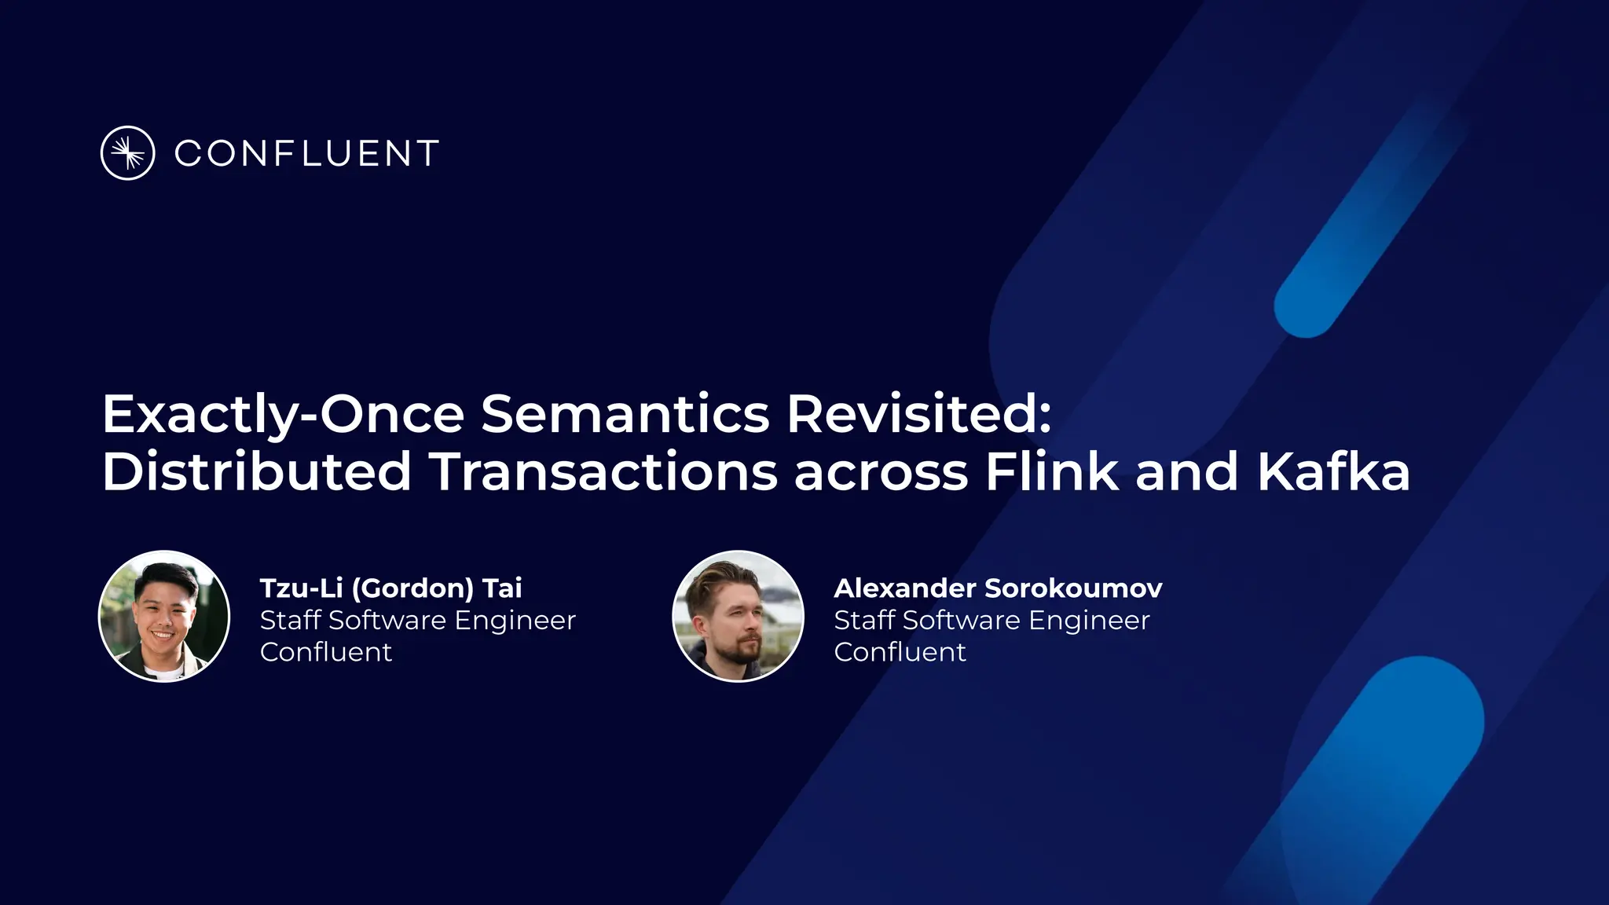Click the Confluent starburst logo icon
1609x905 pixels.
pos(127,153)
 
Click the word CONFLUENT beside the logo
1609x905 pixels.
pos(306,154)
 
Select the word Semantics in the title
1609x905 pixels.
pos(625,414)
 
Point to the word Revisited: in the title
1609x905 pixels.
pos(918,414)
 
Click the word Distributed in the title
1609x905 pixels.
pos(257,471)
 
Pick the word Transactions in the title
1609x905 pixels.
pos(603,471)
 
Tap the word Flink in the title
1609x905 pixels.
pos(1051,471)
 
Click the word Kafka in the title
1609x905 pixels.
pos(1333,471)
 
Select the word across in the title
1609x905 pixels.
pos(881,473)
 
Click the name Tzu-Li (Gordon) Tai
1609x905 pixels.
pos(390,588)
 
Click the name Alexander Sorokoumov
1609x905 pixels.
pos(998,588)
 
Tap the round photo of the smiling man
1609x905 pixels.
pos(164,616)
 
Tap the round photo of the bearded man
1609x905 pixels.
pos(739,616)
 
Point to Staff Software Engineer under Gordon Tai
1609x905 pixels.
pos(418,621)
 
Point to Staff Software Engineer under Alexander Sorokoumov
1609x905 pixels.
pos(991,621)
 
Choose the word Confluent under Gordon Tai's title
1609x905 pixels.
pos(326,652)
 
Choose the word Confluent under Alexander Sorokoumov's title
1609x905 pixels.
pos(900,652)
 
